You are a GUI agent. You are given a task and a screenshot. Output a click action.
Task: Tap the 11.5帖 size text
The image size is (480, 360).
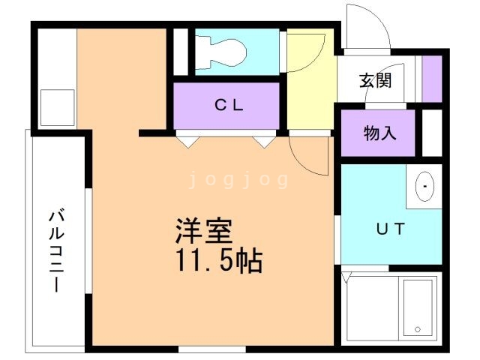tap(218, 260)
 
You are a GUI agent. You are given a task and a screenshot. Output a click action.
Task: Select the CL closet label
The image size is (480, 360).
tap(228, 106)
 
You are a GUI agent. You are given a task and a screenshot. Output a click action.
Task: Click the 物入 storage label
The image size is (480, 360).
tap(379, 134)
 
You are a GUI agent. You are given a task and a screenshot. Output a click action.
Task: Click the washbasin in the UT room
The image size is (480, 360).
tap(425, 185)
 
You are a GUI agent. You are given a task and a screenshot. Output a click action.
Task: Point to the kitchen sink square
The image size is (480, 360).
tap(57, 107)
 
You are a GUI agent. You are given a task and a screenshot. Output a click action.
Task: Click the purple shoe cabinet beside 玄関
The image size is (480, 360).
tap(431, 79)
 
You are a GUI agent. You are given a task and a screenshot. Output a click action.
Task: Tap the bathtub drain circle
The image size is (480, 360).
tap(417, 328)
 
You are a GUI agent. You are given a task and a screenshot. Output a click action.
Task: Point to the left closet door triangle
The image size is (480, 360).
tap(187, 139)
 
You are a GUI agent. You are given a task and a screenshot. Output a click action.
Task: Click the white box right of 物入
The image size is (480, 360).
tap(431, 133)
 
